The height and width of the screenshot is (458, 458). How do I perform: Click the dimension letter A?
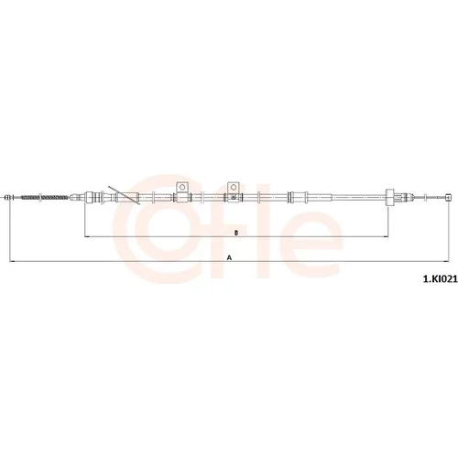pos(229,258)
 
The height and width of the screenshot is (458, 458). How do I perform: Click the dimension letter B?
pos(236,233)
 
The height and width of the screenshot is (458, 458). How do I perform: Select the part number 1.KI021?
pos(440,278)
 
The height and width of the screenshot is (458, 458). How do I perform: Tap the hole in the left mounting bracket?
pos(182,187)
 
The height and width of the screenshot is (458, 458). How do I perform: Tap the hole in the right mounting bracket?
pos(234,187)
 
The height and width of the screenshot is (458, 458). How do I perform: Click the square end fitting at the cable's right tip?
pos(448,198)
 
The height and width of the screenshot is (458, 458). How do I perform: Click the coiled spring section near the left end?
pos(44,198)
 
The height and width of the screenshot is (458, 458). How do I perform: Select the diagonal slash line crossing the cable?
pos(124,194)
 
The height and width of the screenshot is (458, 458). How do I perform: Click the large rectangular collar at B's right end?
pos(389,198)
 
